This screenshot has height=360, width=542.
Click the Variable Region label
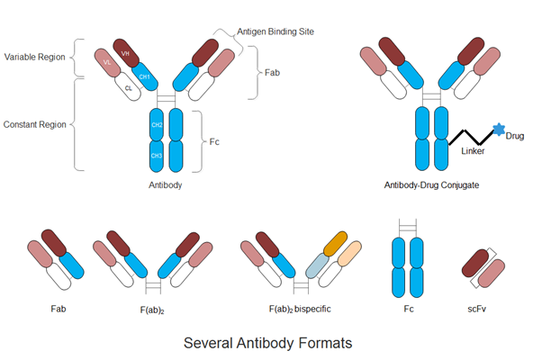[34, 56]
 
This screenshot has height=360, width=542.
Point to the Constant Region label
[34, 122]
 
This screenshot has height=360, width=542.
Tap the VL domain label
[108, 62]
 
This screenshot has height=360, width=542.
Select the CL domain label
[129, 88]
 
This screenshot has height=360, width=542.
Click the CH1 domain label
[144, 77]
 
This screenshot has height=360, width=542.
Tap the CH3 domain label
[156, 156]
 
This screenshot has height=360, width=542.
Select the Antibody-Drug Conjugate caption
[430, 184]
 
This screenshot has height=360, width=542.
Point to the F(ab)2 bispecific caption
[300, 309]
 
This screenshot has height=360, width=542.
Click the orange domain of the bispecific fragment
[335, 246]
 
